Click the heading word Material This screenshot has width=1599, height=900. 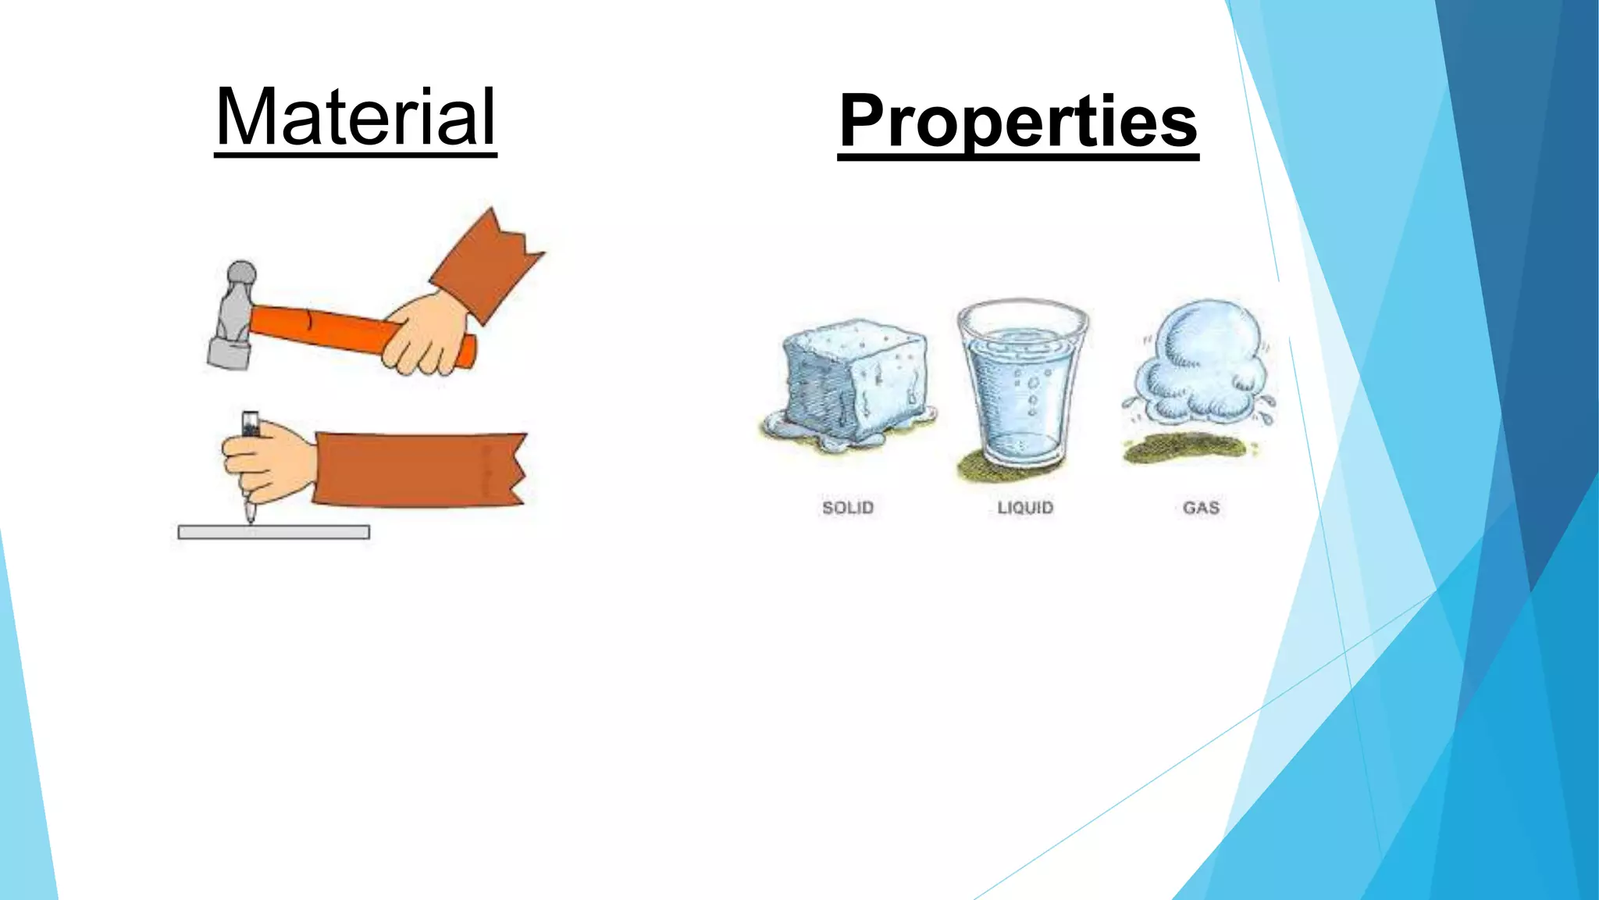tap(355, 117)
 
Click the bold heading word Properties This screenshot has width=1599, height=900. tap(1018, 121)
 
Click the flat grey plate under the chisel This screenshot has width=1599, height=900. tap(273, 532)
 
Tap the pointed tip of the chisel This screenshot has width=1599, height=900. tap(250, 516)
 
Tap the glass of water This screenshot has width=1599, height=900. tap(1023, 391)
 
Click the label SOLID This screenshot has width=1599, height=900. tap(848, 508)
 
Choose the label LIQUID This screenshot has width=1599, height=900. tap(1025, 508)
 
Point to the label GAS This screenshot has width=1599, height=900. tap(1201, 508)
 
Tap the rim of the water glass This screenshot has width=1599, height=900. tap(1023, 306)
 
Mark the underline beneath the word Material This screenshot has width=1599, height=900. tap(355, 155)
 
